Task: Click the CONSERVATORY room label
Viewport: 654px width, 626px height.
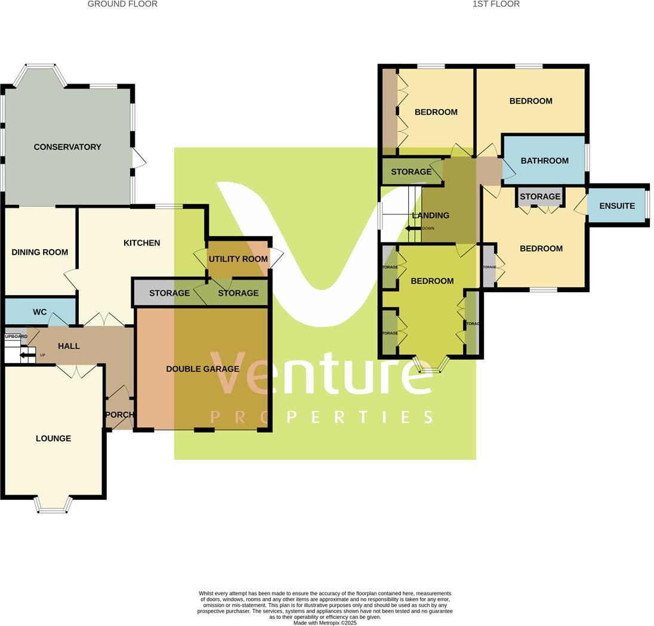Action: [67, 147]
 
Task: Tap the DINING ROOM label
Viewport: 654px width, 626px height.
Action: [40, 252]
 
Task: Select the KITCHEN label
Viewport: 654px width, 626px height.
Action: [141, 243]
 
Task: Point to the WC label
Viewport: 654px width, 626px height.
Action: [40, 312]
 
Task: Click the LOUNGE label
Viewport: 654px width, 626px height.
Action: [53, 438]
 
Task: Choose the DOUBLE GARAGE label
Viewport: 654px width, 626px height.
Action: [202, 369]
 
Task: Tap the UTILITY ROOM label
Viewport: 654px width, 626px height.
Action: [238, 259]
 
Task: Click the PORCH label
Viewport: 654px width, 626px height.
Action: [119, 415]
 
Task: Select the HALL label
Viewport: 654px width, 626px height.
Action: [69, 346]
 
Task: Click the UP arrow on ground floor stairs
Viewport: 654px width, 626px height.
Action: [27, 355]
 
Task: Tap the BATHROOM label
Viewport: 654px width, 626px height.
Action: [544, 161]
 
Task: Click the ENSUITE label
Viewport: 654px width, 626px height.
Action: [617, 206]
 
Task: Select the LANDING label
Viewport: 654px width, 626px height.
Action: [430, 215]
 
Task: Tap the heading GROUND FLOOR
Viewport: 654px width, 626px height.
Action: [122, 4]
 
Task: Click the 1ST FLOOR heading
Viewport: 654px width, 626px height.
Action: [496, 4]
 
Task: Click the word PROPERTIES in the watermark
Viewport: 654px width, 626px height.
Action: [322, 416]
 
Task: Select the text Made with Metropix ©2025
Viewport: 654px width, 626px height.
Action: [325, 622]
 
